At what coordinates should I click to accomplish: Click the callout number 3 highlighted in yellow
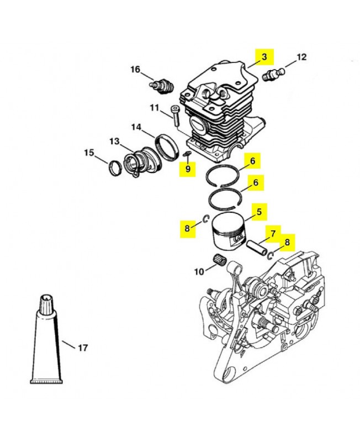click(x=264, y=57)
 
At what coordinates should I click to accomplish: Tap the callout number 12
click(x=301, y=57)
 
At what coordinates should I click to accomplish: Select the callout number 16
click(x=135, y=69)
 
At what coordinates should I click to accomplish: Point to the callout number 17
click(x=82, y=348)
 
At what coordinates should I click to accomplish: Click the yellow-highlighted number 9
click(x=188, y=169)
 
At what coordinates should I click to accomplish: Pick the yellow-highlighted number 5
click(x=259, y=212)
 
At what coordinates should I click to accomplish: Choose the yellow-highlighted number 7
click(x=273, y=233)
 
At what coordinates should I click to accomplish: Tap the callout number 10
click(x=199, y=272)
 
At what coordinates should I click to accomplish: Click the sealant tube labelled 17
click(x=47, y=339)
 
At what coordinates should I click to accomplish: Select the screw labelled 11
click(x=175, y=116)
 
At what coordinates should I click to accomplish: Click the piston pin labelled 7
click(x=256, y=248)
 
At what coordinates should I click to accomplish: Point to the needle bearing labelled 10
click(x=219, y=260)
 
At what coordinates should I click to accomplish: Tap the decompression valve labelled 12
click(x=274, y=75)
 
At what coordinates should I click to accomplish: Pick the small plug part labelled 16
click(x=161, y=85)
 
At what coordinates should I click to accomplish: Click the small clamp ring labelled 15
click(x=115, y=168)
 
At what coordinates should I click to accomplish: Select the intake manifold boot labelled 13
click(x=142, y=162)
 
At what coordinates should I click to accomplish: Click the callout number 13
click(x=115, y=141)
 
